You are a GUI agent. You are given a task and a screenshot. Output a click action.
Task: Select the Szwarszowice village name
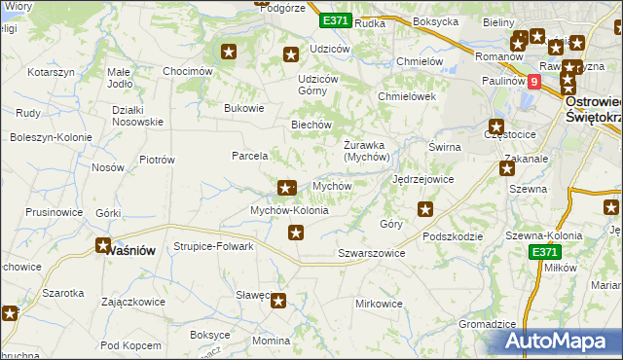coord(371,252)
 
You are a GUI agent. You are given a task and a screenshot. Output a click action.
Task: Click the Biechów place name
coord(312,125)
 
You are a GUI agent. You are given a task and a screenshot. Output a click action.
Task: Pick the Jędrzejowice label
coord(422,180)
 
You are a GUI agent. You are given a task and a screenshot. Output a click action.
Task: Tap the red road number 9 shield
coord(533,83)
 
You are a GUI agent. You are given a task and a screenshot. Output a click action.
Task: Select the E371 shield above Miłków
coord(546,251)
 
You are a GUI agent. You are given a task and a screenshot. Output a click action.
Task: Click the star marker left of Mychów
coord(286,188)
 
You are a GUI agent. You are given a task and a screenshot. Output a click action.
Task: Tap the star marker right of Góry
coord(425,208)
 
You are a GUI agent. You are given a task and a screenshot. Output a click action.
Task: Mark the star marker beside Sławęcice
coord(279,302)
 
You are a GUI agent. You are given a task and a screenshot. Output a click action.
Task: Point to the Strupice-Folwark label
coord(213,246)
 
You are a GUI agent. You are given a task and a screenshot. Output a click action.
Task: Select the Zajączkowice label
coord(132,303)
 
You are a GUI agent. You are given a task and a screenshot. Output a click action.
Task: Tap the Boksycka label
coord(435,20)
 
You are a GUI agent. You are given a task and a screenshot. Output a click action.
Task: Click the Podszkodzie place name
coord(454,235)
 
